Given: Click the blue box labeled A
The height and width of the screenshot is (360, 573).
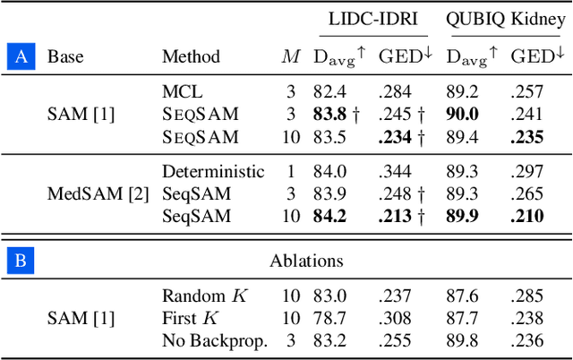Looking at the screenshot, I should [x=21, y=57].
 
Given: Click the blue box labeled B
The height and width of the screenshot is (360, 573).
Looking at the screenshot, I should [x=21, y=261].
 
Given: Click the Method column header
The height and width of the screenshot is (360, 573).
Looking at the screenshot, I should [x=191, y=57].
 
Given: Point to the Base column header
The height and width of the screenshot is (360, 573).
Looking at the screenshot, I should [x=65, y=57].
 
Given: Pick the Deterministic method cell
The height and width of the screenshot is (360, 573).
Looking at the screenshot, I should [x=213, y=171].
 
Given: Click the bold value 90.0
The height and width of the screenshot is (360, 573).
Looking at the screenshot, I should [x=462, y=114].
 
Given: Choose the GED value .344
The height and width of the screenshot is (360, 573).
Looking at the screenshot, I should [x=395, y=171].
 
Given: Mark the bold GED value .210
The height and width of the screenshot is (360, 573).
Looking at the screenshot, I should [x=527, y=216].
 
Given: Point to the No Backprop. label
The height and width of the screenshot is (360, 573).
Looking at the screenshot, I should [x=214, y=340].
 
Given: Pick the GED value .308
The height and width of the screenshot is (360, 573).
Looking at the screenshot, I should [x=395, y=318].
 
